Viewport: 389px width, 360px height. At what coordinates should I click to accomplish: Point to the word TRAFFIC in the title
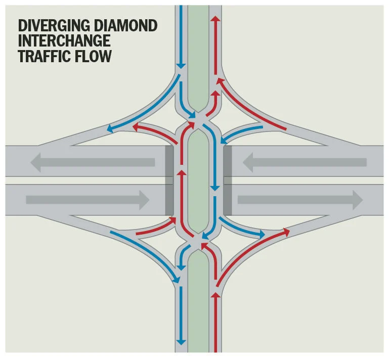point(43,56)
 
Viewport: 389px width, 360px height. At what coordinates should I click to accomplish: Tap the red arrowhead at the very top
point(216,19)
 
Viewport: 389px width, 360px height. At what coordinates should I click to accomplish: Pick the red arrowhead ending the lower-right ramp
point(286,232)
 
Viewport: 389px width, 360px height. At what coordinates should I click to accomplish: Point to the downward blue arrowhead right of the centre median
point(215,187)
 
